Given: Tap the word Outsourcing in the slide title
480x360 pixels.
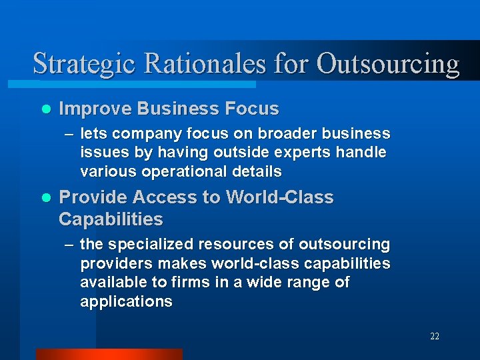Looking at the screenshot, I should point(388,64).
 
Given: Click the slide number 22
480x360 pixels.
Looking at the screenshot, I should point(434,337).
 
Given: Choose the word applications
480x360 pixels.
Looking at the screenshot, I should point(126,301).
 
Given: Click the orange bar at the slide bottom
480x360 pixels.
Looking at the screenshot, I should point(109,354).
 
